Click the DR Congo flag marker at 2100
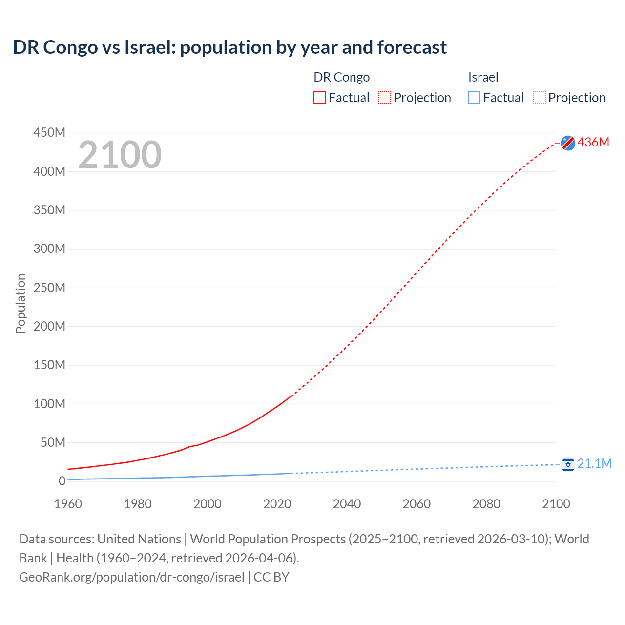(568, 143)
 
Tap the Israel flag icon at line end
(568, 464)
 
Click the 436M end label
(593, 142)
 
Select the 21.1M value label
(594, 463)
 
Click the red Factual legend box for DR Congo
(320, 98)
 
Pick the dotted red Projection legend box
(385, 98)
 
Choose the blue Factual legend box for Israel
(474, 98)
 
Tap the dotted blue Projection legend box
(540, 98)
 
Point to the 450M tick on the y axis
(49, 132)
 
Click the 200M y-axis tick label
(49, 326)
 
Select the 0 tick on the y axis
(62, 481)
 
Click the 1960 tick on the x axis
(68, 504)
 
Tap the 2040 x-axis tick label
(347, 504)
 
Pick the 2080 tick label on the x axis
(486, 504)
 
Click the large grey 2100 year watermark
(120, 154)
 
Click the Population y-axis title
(21, 303)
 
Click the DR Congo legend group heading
(341, 77)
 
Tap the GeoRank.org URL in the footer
(131, 577)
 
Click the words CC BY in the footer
(271, 577)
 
